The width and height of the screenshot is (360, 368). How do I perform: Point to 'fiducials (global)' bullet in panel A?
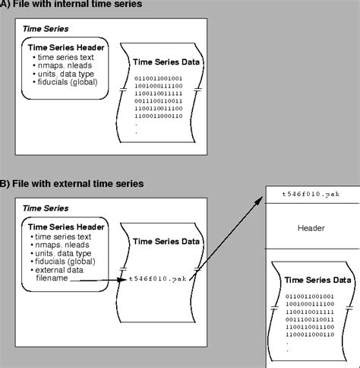click(x=65, y=92)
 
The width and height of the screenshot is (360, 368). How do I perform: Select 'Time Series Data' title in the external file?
click(x=317, y=280)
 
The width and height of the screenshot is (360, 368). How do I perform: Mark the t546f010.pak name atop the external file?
click(x=309, y=195)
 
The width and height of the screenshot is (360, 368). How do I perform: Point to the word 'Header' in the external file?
click(x=312, y=227)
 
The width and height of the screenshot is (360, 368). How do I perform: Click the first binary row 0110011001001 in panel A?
click(x=158, y=78)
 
